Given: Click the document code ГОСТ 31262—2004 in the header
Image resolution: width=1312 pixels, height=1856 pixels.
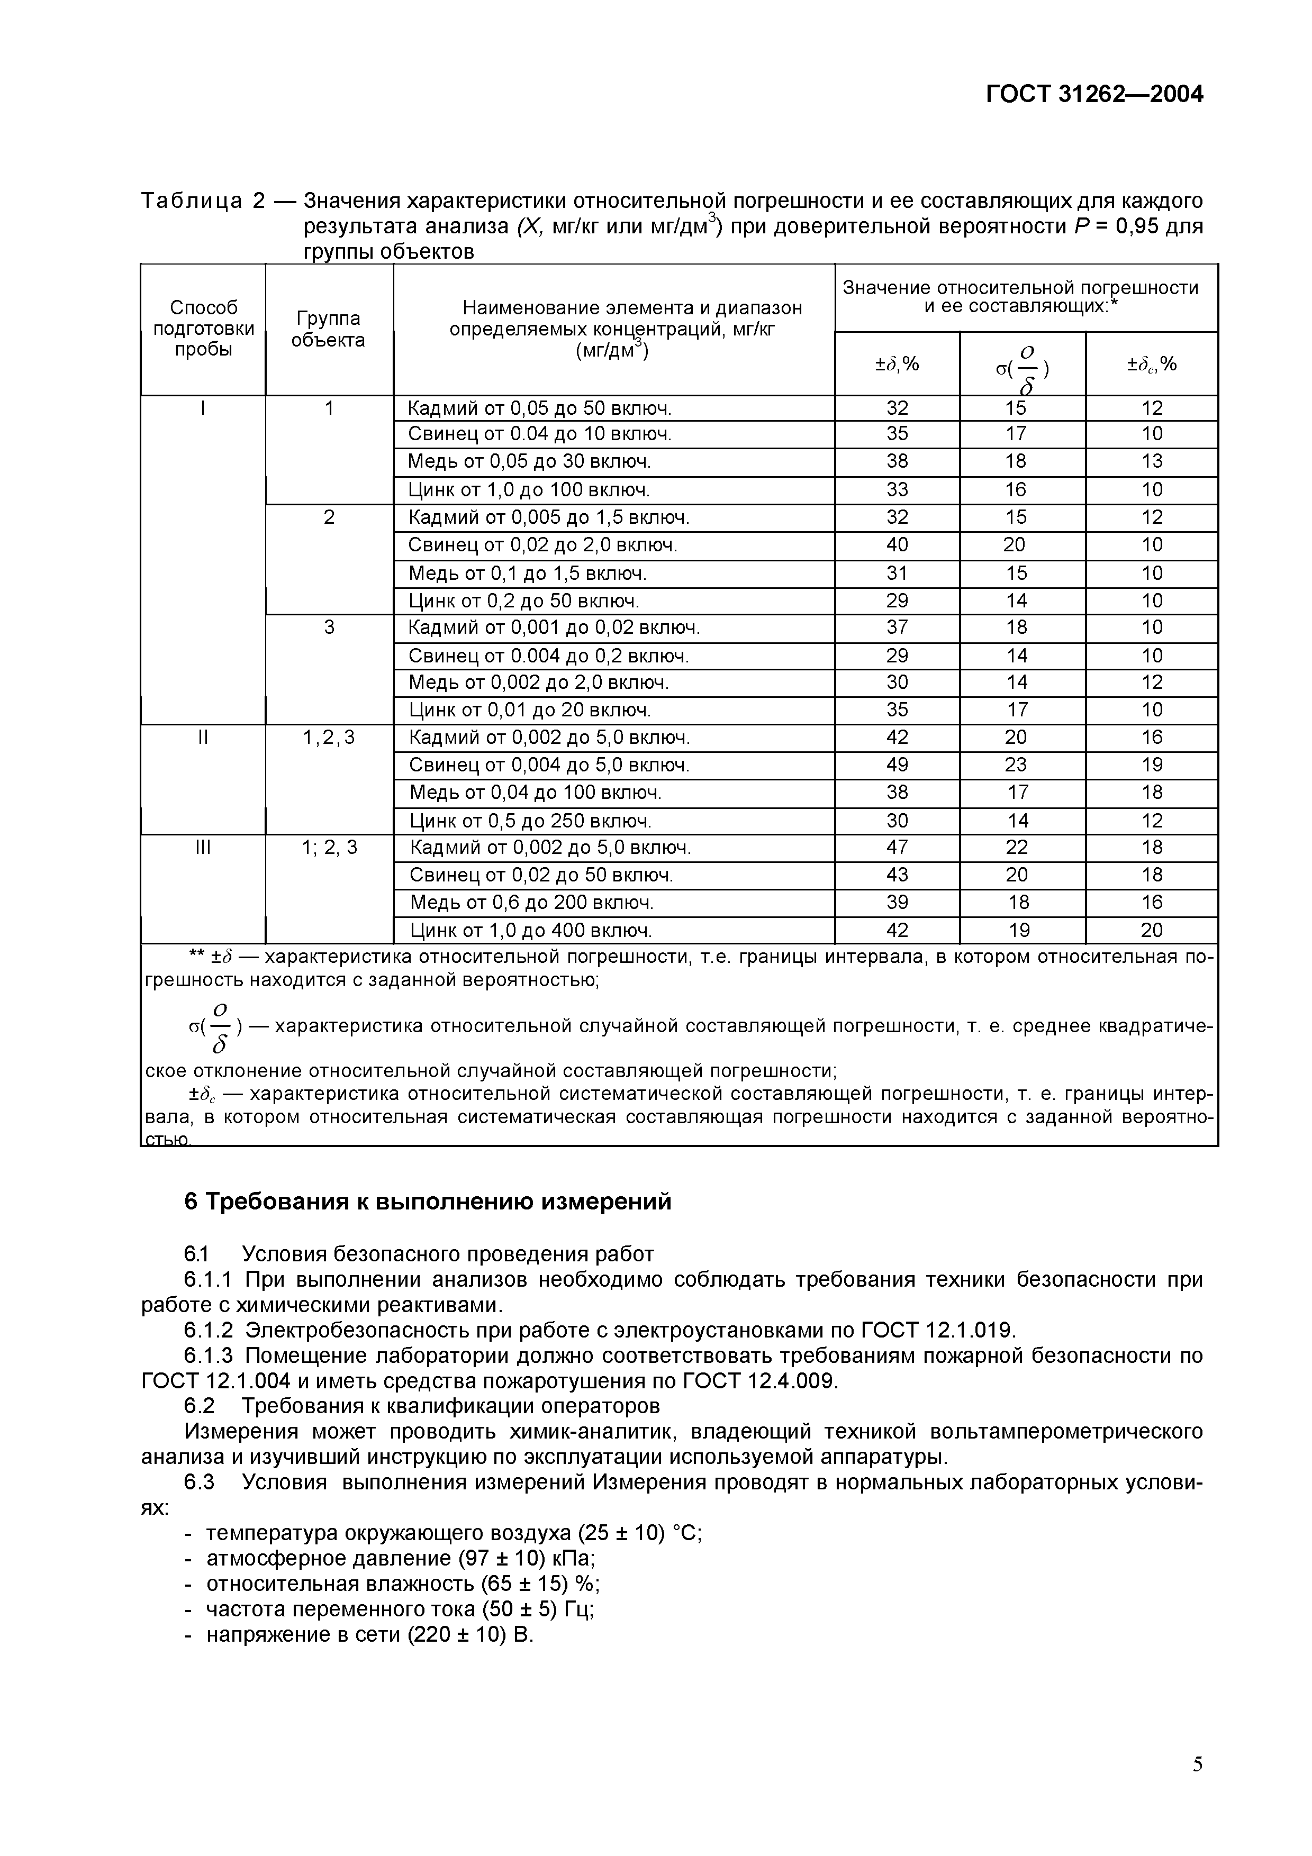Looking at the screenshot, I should point(1094,95).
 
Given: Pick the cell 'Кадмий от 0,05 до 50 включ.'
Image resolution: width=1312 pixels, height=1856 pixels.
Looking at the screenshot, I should point(539,408).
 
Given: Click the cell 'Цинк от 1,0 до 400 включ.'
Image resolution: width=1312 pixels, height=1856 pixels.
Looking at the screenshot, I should point(531,931).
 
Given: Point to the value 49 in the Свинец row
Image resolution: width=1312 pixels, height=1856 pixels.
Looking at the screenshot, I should point(897,765).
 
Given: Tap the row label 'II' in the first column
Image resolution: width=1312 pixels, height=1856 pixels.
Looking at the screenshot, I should point(203,737).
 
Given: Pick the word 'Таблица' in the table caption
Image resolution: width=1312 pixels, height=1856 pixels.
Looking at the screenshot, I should point(191,201).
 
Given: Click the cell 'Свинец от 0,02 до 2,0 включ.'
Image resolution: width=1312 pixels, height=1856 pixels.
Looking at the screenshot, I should point(542,545).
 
